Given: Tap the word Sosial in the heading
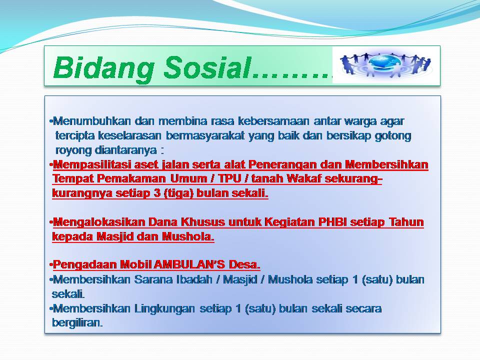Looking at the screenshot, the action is [207, 67].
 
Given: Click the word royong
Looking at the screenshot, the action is [73, 150].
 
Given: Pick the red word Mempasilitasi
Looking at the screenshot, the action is [92, 165].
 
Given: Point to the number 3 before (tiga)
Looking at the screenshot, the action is [157, 193].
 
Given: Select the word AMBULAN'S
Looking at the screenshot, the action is [189, 264].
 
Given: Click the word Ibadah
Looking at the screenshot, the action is [194, 279].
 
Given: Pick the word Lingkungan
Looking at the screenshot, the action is [164, 308].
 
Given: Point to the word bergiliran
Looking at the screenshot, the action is [77, 323].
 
